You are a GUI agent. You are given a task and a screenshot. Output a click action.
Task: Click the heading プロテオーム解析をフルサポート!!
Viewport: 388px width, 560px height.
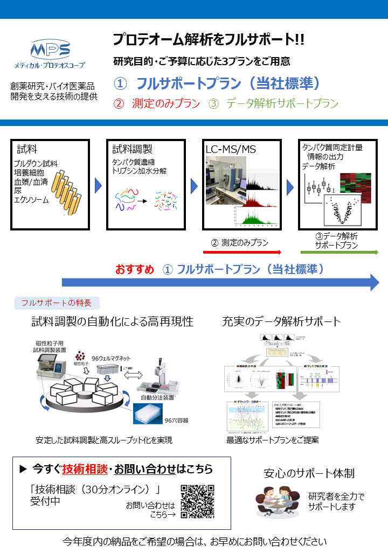pyautogui.click(x=209, y=39)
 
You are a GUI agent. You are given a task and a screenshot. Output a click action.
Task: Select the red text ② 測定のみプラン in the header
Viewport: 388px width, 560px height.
pyautogui.click(x=157, y=104)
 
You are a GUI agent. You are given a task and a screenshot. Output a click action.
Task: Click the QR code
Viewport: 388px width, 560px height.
pyautogui.click(x=197, y=502)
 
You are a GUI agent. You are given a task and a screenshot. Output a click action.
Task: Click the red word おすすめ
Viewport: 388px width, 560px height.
pyautogui.click(x=135, y=269)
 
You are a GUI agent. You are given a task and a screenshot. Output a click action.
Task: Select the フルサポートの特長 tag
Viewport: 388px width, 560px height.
pyautogui.click(x=57, y=303)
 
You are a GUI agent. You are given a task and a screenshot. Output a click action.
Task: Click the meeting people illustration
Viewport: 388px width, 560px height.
pyautogui.click(x=278, y=502)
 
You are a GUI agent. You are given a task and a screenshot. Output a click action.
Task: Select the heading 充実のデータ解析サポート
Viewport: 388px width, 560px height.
pyautogui.click(x=281, y=322)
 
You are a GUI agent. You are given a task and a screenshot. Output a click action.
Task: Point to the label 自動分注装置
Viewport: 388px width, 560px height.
pyautogui.click(x=157, y=397)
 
